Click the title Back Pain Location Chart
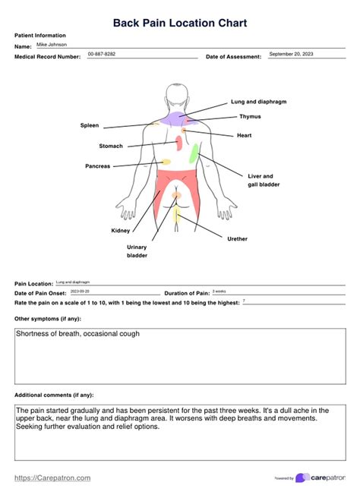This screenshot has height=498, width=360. pos(179,24)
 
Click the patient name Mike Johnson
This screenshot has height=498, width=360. pos(52,45)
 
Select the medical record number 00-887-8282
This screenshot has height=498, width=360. pos(102,55)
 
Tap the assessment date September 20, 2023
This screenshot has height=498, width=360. pos(291,55)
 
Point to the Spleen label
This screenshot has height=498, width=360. pos(89,125)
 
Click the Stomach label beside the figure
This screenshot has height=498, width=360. pos(110,146)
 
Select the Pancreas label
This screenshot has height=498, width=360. pos(97,165)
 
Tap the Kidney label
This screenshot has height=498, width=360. pos(120,230)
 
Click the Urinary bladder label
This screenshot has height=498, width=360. pos(137,251)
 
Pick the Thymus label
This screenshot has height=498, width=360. pos(250,117)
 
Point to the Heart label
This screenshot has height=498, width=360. pos(244,135)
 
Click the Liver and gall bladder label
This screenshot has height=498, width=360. pos(263,180)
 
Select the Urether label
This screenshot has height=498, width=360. pos(237,238)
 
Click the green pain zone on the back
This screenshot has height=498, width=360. pos(194,154)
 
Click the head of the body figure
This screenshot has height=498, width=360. pos(177,95)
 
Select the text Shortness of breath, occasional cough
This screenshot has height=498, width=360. pos(77,334)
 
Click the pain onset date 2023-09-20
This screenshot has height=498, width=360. pos(80,292)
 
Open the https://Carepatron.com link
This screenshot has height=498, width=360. pos(52,478)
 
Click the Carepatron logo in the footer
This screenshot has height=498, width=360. pos(321,478)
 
